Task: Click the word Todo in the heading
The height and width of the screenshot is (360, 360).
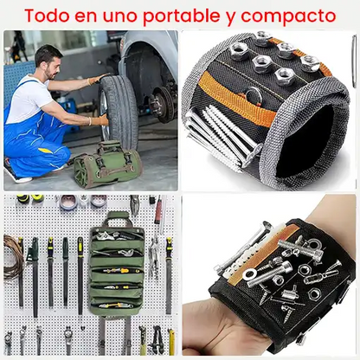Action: tap(47, 16)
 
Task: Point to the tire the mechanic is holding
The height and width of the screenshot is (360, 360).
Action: tap(119, 111)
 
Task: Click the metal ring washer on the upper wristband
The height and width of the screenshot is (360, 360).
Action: tap(254, 96)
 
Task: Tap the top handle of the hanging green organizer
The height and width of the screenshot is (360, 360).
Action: tap(119, 219)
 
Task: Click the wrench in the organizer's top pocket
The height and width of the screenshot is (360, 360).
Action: tap(107, 236)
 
